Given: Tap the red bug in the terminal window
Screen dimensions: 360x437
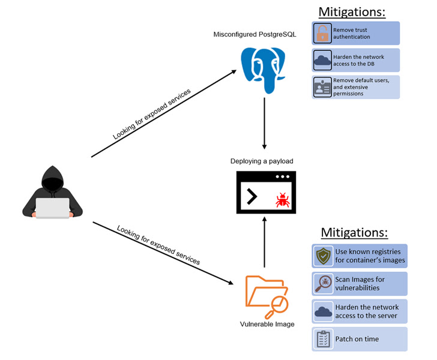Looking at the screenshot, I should click(x=282, y=199).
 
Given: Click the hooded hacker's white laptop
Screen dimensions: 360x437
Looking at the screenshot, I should click(x=52, y=207).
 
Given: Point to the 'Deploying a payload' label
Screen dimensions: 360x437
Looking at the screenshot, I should click(x=262, y=161).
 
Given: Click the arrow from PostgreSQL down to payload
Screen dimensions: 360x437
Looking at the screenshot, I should click(x=264, y=123).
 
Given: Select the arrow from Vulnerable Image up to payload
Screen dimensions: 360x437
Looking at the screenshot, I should click(x=264, y=243).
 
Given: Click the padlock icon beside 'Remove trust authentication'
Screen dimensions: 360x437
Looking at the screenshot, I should click(x=322, y=34).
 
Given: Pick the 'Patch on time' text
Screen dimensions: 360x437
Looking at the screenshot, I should click(x=357, y=339).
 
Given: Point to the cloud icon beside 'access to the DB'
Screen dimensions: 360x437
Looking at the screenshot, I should click(x=322, y=61).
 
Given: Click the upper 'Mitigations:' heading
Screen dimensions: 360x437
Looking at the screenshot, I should click(x=352, y=11).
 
